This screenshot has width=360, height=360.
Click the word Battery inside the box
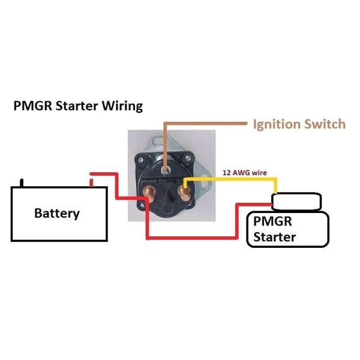(57, 213)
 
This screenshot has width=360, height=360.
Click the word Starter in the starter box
(274, 236)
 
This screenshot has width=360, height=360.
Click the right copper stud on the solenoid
(185, 194)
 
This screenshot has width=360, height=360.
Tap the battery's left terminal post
(22, 182)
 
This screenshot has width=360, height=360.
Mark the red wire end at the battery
(92, 179)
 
